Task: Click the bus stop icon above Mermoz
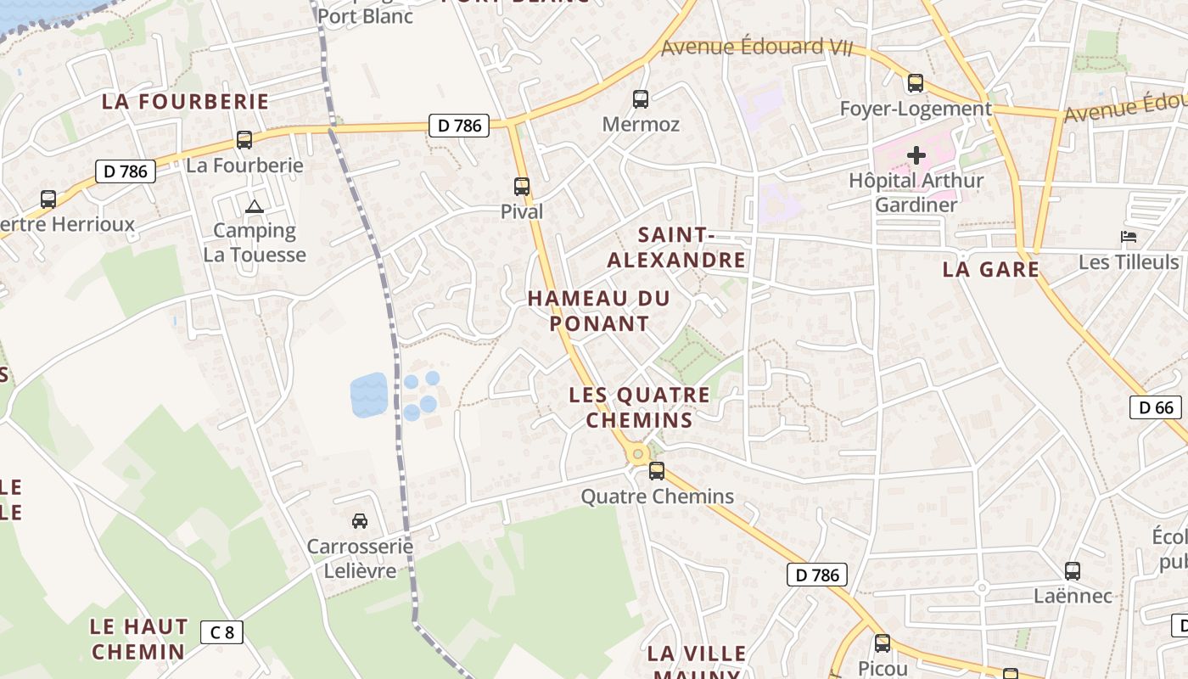[641, 99]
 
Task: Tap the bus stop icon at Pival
[522, 186]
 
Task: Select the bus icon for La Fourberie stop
[244, 140]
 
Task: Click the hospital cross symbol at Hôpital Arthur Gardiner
[916, 155]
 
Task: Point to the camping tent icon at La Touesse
[254, 206]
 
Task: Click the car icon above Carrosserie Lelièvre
[360, 520]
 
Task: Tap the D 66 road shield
[1156, 407]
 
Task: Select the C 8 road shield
[222, 631]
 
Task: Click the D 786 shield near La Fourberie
[126, 171]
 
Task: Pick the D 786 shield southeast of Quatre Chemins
[818, 575]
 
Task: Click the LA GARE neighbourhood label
[990, 270]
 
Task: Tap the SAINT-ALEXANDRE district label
[676, 247]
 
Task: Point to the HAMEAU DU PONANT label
[598, 311]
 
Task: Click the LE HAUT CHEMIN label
[138, 639]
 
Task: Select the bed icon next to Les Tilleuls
[1129, 237]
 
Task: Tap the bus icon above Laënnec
[1073, 570]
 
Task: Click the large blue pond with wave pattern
[369, 395]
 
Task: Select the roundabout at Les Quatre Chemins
[637, 454]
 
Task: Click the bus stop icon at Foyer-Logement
[916, 83]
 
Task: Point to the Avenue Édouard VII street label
[756, 48]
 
